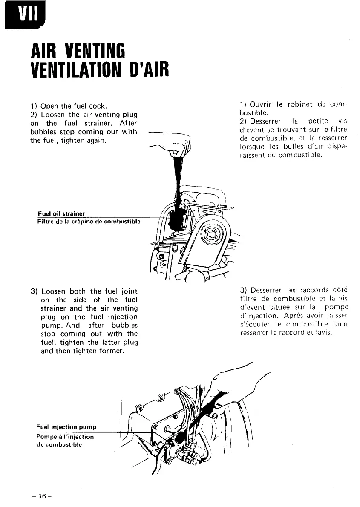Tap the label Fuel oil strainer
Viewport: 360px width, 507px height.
[61, 213]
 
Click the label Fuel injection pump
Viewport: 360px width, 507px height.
[66, 427]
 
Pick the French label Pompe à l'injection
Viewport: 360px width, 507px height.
[65, 437]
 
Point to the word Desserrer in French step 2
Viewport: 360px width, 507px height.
[265, 121]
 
